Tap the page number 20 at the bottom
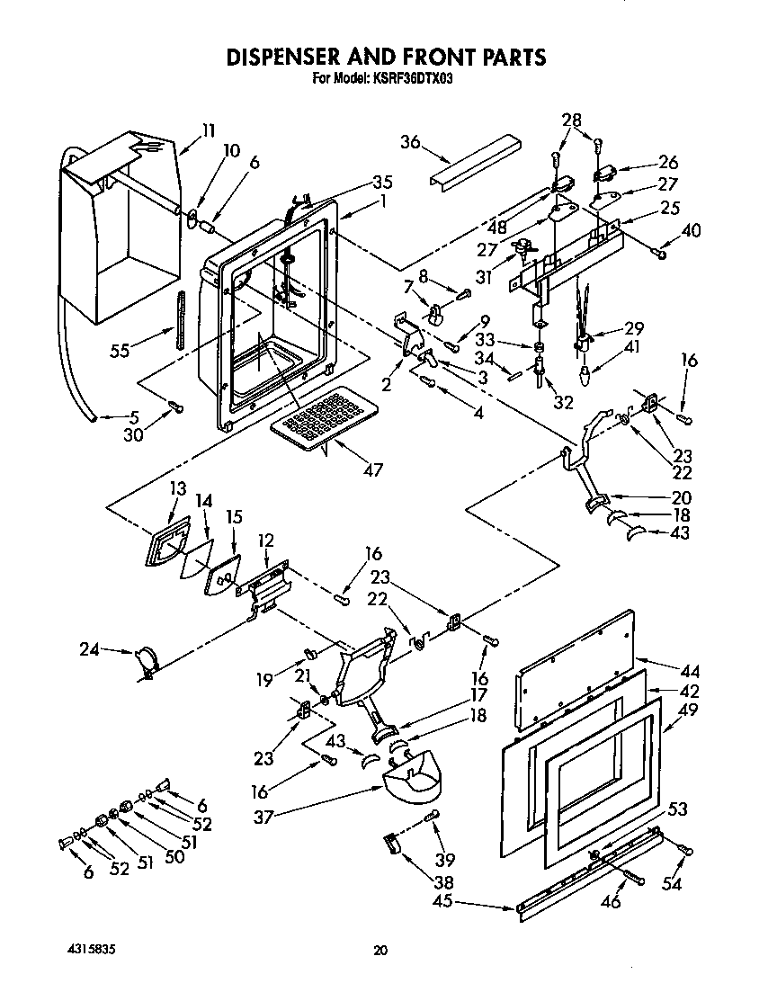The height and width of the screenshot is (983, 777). click(x=381, y=950)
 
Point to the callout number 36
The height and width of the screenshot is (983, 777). click(x=411, y=141)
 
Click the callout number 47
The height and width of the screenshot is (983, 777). click(x=371, y=469)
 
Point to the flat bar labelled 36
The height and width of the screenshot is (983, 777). click(x=475, y=161)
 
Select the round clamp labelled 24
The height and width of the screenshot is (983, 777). click(x=145, y=661)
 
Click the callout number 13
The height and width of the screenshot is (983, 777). click(x=177, y=487)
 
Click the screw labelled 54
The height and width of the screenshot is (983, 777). click(x=685, y=848)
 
